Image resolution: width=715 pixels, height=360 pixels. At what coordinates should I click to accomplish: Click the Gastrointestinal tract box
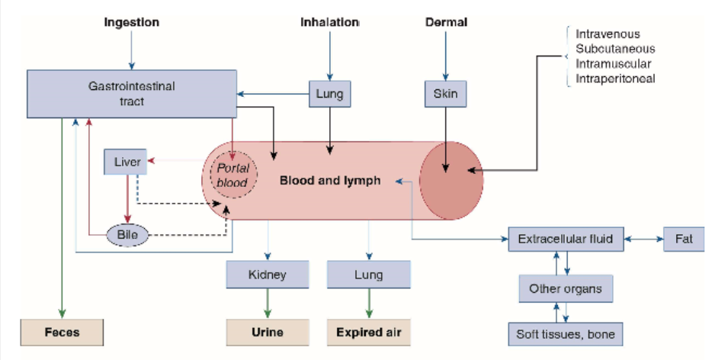coord(130,93)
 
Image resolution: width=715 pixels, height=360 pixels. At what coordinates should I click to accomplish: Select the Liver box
coord(127,162)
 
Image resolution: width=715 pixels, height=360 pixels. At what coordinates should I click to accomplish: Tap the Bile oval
coord(127,235)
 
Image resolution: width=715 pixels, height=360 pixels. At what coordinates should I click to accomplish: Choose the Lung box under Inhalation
coord(329,95)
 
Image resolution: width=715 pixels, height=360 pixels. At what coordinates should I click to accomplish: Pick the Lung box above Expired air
coord(368,275)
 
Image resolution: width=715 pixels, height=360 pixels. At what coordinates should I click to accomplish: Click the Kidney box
coord(267,275)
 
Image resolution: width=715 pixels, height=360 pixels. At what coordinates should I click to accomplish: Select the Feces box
coord(62,333)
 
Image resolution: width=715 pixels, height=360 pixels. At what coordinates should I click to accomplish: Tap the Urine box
coord(268,333)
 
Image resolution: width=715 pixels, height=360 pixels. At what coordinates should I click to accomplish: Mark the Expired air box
coord(369,333)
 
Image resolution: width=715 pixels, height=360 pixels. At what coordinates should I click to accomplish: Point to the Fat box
coord(684,239)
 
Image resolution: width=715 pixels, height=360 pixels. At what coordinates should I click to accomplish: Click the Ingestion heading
coord(131,22)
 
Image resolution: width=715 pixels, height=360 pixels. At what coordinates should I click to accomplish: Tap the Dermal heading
coord(445,22)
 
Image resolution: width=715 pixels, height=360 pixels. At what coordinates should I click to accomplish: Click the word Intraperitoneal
coord(615,78)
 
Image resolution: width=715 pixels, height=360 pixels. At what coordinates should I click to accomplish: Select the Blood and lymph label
coord(329,181)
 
